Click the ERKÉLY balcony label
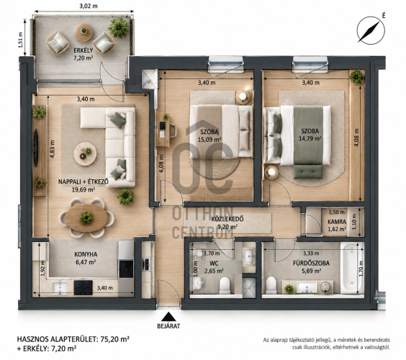click(83, 50)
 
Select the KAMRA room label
click(337, 222)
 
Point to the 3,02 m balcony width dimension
click(89, 6)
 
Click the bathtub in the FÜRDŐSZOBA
click(352, 268)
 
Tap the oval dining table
click(86, 218)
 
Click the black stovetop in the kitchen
click(83, 287)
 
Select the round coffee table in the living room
click(85, 154)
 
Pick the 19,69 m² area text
click(83, 189)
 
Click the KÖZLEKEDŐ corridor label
click(227, 219)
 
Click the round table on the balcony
click(84, 32)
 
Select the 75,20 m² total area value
click(114, 339)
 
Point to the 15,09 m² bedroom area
click(209, 140)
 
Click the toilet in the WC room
click(225, 285)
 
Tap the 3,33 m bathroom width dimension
click(313, 253)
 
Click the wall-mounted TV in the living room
click(36, 148)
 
